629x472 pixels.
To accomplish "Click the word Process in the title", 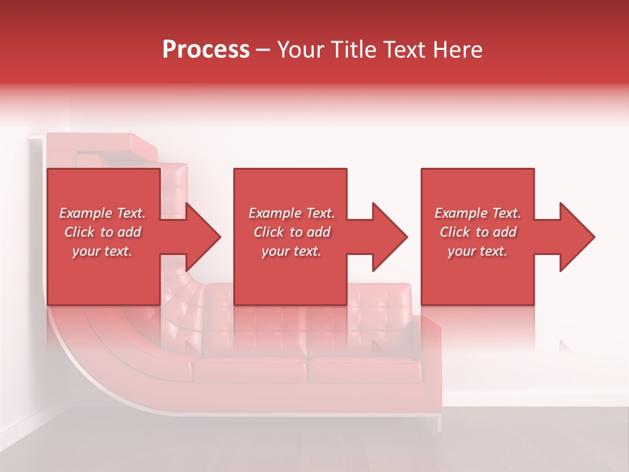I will point(206,50).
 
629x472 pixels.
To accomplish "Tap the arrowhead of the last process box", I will point(576,237).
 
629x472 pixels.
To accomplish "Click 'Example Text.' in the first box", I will point(102,213).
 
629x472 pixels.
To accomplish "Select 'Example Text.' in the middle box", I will point(291,213).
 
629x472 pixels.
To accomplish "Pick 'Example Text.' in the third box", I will point(478,213).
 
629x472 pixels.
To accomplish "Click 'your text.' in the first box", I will point(102,251).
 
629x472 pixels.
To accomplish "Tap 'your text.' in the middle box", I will point(291,251).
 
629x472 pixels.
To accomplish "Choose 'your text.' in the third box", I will point(478,251).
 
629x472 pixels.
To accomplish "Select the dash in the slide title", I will point(263,50).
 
